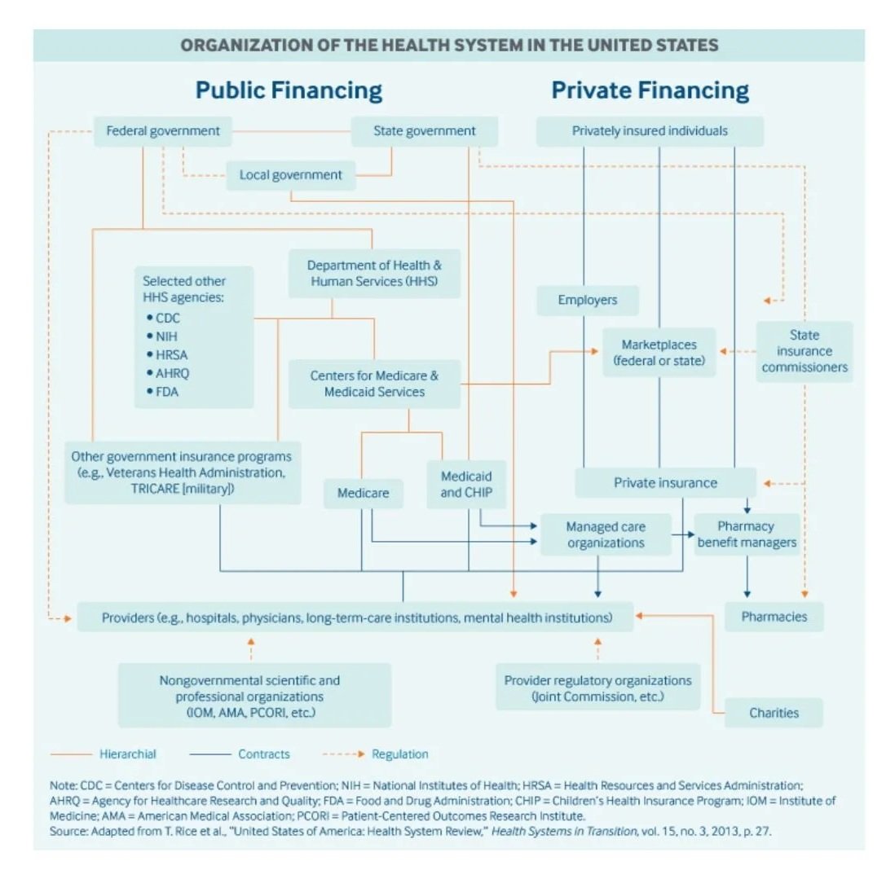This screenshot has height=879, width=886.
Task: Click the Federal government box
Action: point(163,131)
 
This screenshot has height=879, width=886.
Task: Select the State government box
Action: point(424,131)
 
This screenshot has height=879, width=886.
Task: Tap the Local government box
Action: point(291,175)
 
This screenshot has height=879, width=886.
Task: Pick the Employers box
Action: point(587,301)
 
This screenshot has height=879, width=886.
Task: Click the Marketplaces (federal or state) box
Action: point(659,353)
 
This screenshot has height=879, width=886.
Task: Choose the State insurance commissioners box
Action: point(804,351)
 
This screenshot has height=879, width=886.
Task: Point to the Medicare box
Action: point(363,493)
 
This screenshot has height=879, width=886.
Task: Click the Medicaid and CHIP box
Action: point(466,484)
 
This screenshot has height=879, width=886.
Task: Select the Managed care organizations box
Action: point(605,534)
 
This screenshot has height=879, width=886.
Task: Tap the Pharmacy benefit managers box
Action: point(746,534)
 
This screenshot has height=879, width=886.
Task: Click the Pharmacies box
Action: point(774,617)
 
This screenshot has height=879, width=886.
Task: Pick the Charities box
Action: point(774,713)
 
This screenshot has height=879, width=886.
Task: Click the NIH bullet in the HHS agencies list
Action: point(166,336)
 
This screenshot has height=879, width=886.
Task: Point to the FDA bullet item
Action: point(166,392)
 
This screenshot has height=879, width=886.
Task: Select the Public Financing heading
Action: point(289,90)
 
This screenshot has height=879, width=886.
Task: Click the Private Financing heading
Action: point(650,90)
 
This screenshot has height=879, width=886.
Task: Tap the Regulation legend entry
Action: point(399,754)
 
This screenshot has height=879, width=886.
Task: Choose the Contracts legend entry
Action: point(263,754)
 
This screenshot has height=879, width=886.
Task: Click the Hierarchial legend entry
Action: point(128,754)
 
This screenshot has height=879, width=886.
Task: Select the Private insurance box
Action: point(665,483)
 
